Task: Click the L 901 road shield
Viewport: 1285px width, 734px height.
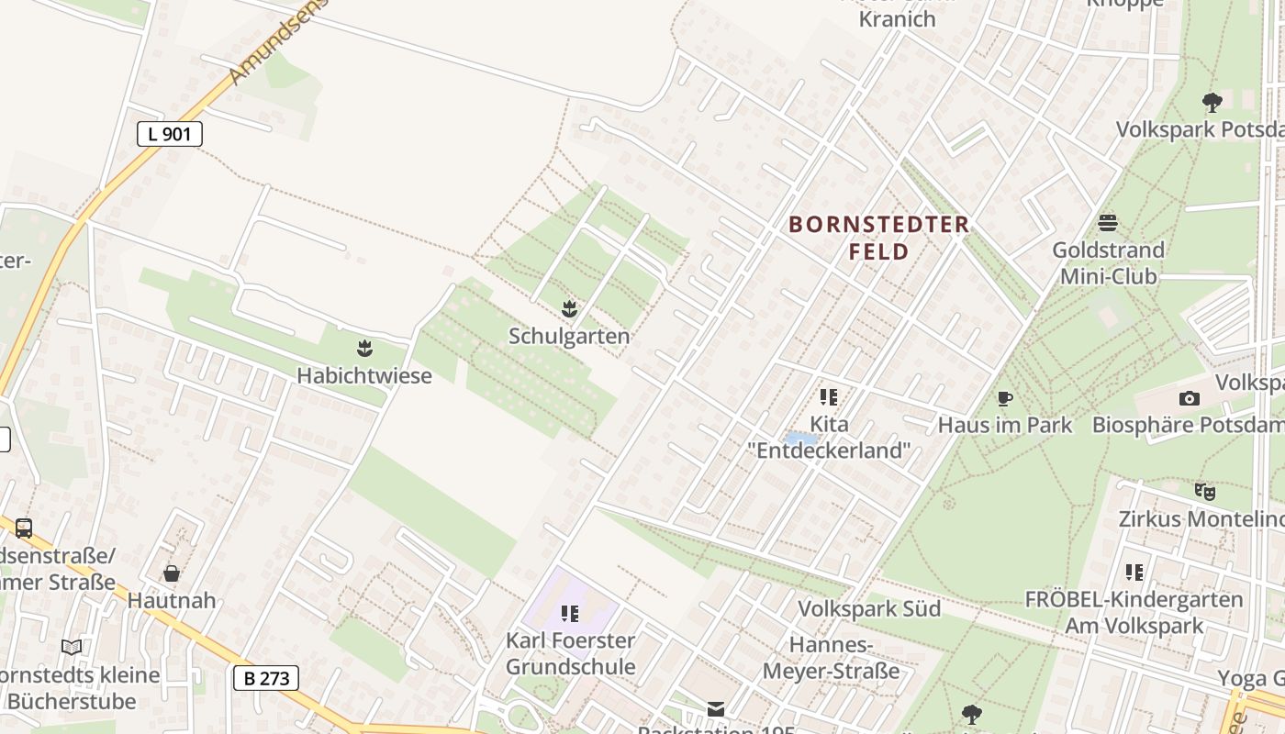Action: pos(170,134)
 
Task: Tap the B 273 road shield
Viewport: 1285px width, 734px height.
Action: pos(266,678)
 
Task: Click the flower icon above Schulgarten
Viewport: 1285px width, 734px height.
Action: pos(570,309)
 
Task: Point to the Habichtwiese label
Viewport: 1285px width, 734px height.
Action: pos(364,375)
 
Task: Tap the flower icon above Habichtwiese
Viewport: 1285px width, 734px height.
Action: pos(365,348)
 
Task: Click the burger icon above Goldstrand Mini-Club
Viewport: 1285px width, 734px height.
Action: pos(1108,222)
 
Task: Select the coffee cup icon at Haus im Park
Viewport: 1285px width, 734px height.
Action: pos(1005,398)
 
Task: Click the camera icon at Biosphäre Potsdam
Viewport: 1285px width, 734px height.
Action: pos(1190,398)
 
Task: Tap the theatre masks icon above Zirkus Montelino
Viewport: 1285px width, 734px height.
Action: pos(1205,492)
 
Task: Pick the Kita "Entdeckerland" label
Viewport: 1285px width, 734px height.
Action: pos(829,438)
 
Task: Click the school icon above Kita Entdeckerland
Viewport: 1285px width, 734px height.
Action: pos(829,397)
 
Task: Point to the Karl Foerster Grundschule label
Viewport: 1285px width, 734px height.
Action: pos(570,653)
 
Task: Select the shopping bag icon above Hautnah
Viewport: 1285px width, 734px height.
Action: pos(172,573)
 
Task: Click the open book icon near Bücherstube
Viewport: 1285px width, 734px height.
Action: pos(72,647)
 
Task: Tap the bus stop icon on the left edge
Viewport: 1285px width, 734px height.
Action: pos(24,528)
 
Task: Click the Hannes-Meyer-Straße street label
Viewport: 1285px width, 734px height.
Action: pos(832,658)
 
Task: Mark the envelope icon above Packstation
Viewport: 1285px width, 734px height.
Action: pos(715,708)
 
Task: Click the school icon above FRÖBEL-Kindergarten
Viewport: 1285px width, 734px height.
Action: pos(1134,573)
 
